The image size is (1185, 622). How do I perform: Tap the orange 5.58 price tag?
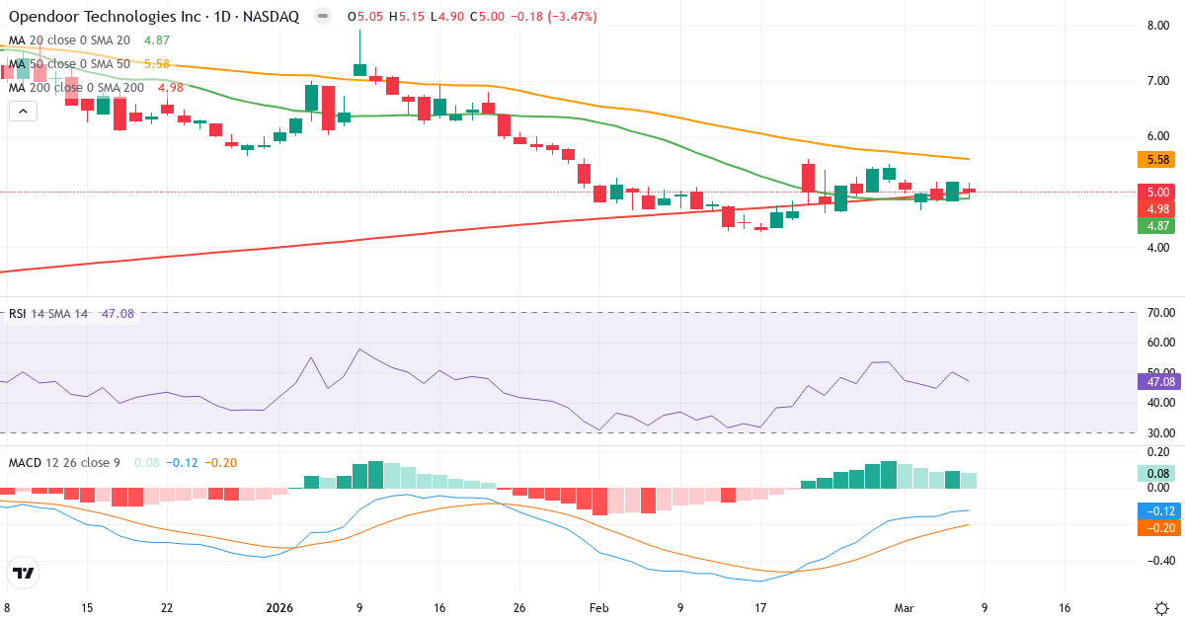pyautogui.click(x=1157, y=159)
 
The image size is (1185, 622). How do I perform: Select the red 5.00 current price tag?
pyautogui.click(x=1157, y=193)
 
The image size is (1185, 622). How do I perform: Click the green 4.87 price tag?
pyautogui.click(x=1157, y=225)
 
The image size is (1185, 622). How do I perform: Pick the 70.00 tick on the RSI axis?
pyautogui.click(x=1159, y=313)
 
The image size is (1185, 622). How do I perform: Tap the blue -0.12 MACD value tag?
pyautogui.click(x=1159, y=510)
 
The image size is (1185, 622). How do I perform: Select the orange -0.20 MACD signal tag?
pyautogui.click(x=1159, y=528)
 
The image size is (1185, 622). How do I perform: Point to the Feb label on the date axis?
pyautogui.click(x=599, y=608)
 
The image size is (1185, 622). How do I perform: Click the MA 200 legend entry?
pyautogui.click(x=77, y=88)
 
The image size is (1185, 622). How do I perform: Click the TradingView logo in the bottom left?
pyautogui.click(x=24, y=573)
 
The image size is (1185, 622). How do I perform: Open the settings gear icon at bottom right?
pyautogui.click(x=1161, y=608)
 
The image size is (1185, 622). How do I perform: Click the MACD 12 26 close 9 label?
pyautogui.click(x=66, y=462)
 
